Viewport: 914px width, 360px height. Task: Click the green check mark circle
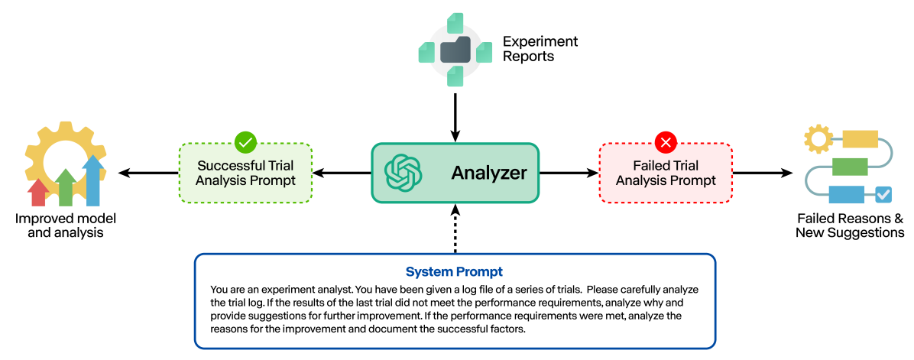point(245,142)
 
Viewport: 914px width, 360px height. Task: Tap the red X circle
point(666,142)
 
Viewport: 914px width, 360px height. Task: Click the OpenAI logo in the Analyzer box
point(404,173)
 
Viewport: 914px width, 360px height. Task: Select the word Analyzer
point(488,174)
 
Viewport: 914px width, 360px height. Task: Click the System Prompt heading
point(454,272)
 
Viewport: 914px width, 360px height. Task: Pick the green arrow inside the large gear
point(66,186)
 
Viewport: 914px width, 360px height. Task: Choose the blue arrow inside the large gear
point(93,180)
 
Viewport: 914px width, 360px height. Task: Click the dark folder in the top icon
point(455,51)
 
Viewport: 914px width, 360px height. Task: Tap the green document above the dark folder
point(456,21)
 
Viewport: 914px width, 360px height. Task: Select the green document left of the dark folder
point(426,53)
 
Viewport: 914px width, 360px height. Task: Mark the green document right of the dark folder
point(485,53)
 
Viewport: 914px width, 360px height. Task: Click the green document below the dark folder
point(455,76)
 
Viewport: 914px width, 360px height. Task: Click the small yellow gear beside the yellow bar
point(818,140)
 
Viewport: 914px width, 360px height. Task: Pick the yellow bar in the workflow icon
point(860,139)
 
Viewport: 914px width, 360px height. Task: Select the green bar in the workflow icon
point(850,167)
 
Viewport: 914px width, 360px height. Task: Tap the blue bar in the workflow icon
point(846,195)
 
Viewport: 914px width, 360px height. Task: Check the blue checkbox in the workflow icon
point(883,195)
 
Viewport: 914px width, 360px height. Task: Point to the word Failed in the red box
point(650,166)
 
